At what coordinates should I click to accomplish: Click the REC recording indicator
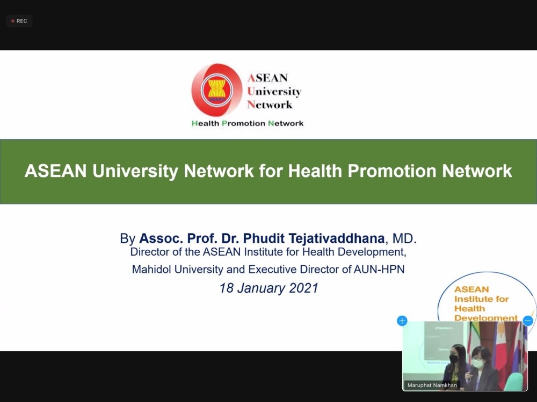[19, 21]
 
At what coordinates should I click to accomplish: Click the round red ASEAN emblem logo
[217, 90]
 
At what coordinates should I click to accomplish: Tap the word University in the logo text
[274, 91]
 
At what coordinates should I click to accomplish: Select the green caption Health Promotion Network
[247, 123]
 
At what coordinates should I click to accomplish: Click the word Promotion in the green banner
[392, 171]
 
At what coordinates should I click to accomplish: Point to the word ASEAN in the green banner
[55, 171]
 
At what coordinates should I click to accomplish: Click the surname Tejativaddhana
[337, 239]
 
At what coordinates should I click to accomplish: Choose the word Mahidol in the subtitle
[152, 270]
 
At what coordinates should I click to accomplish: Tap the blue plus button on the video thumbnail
[402, 321]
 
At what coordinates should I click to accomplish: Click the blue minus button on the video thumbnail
[528, 321]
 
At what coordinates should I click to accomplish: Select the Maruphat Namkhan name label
[432, 385]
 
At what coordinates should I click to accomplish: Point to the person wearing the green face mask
[483, 369]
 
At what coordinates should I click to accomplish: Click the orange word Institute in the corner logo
[481, 299]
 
